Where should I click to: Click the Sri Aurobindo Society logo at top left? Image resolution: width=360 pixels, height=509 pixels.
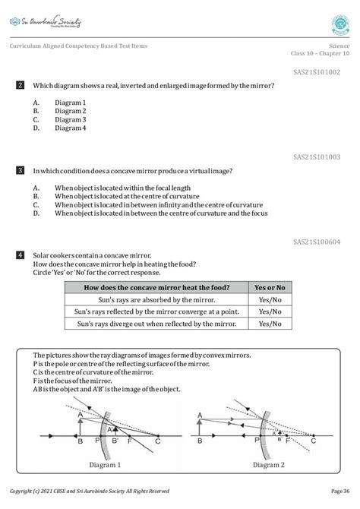point(47,16)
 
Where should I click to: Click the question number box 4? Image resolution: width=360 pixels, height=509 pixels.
point(21,255)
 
